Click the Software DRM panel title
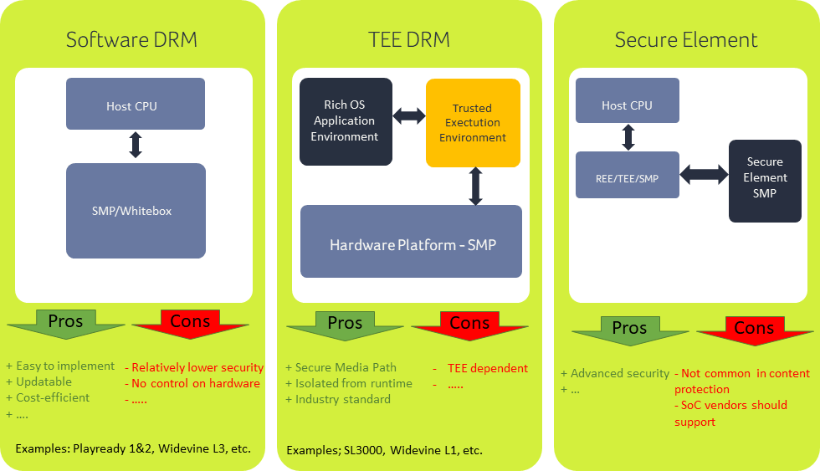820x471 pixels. tap(131, 39)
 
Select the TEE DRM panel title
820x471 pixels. tap(409, 39)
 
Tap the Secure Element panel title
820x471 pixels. tap(686, 39)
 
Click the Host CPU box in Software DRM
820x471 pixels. tap(135, 105)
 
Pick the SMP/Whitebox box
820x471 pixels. tap(135, 211)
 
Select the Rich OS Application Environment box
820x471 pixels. tap(345, 121)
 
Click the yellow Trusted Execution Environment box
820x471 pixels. tap(472, 123)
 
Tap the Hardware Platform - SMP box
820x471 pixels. tap(411, 245)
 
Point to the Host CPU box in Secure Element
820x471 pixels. tap(627, 105)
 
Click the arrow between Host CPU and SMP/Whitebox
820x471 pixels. tap(135, 146)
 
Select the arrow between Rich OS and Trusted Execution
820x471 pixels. tap(409, 116)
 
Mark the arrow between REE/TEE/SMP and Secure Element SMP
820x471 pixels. tap(704, 174)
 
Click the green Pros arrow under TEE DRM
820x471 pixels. tap(345, 324)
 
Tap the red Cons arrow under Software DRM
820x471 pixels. tap(191, 323)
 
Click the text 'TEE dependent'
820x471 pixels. tap(487, 368)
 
